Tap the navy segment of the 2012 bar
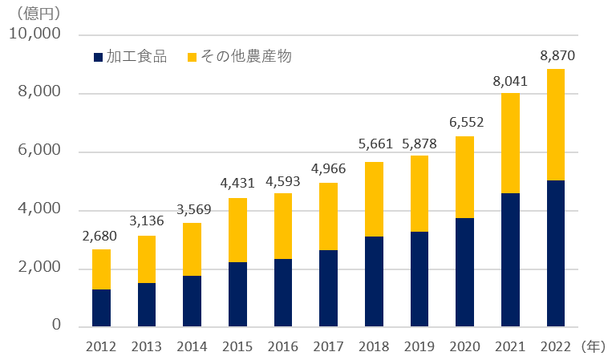(101, 308)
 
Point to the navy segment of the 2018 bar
(374, 281)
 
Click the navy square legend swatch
(99, 58)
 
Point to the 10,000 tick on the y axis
(34, 34)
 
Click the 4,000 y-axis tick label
(38, 209)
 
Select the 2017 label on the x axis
(329, 347)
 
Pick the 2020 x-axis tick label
(464, 347)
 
